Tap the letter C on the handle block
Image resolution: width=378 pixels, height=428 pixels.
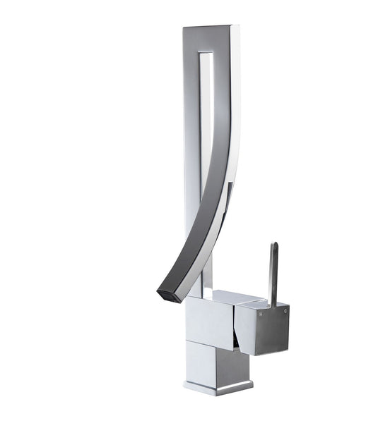(x=285, y=308)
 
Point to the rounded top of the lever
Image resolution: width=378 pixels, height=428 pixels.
(x=273, y=246)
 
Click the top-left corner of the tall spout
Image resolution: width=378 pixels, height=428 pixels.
(x=184, y=29)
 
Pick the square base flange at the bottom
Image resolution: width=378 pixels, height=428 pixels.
(x=218, y=386)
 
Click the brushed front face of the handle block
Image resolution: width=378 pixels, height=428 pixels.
(x=272, y=328)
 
